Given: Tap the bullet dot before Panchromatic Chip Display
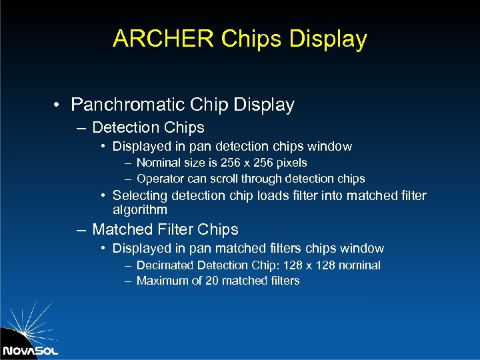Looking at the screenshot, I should (x=59, y=105).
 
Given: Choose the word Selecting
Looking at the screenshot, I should (x=140, y=195).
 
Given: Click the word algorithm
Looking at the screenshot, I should (x=140, y=209).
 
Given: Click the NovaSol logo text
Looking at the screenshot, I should (x=30, y=351).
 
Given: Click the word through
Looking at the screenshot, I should (x=262, y=179).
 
